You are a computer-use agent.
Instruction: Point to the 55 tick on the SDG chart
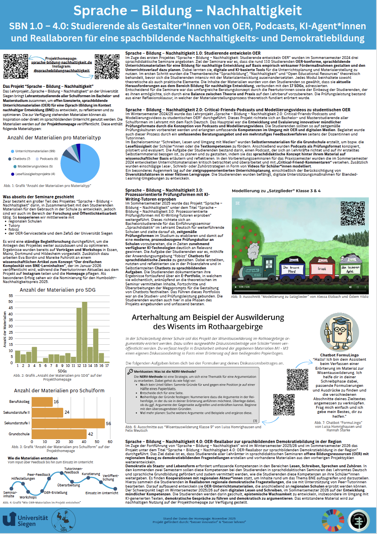click(x=11, y=295)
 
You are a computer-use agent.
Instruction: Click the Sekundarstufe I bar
click(x=68, y=423)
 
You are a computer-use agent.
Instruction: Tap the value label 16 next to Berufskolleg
click(x=56, y=402)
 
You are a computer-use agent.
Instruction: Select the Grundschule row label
click(x=19, y=434)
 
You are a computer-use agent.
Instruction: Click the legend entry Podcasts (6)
click(x=48, y=159)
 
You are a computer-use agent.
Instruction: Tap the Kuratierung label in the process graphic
click(x=91, y=474)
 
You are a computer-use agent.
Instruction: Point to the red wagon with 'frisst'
click(x=322, y=269)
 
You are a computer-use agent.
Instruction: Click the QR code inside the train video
click(x=352, y=213)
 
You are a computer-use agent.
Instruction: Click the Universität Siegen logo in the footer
click(x=25, y=520)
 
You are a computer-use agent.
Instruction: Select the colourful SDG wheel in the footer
click(x=333, y=520)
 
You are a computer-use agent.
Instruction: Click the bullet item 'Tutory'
click(x=14, y=226)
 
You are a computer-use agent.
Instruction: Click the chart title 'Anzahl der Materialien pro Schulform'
click(x=59, y=390)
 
